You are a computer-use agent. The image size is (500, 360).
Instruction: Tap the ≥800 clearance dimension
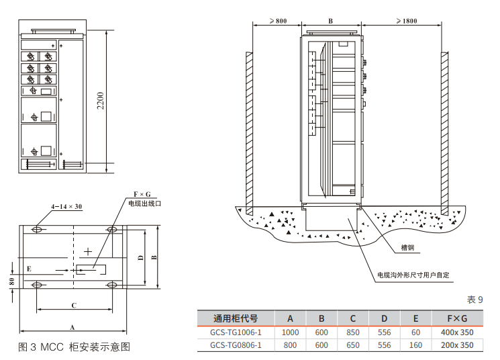pos(277,21)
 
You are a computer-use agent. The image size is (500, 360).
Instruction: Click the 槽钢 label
pos(407,247)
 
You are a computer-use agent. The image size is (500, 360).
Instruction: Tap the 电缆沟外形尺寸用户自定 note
pos(413,275)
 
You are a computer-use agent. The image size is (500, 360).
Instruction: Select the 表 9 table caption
pos(474,300)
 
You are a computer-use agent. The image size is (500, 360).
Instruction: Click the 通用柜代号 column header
pos(236,318)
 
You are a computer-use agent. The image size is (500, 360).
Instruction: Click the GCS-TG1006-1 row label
pos(236,332)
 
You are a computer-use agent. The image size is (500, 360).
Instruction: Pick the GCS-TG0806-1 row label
pos(236,345)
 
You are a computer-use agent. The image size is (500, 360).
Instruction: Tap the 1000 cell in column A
pos(290,332)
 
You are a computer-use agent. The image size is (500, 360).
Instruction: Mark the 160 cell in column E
pos(415,345)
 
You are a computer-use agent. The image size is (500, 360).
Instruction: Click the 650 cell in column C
pos(353,345)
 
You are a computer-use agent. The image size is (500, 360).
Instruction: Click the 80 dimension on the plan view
pos(12,281)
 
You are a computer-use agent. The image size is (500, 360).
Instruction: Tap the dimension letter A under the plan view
pos(72,326)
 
